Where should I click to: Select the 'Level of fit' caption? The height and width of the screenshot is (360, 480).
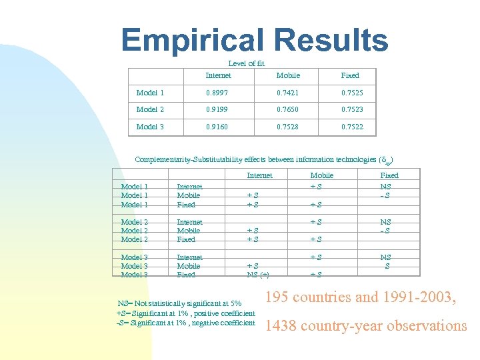(246, 63)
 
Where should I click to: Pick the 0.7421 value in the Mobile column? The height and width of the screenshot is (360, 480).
(288, 93)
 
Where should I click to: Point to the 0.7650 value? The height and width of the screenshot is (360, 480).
(288, 109)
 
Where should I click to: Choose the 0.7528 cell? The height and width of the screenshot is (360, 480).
(288, 127)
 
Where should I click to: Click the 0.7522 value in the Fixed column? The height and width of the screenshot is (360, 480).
(352, 127)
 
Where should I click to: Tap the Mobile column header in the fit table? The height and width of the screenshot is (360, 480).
(288, 75)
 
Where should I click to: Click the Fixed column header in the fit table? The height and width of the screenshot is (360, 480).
(350, 75)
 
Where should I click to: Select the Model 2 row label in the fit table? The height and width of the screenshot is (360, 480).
(151, 109)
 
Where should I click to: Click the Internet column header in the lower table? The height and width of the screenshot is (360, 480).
(259, 175)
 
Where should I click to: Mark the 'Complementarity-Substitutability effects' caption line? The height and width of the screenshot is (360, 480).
(259, 160)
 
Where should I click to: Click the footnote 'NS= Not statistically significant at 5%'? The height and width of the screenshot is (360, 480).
(179, 304)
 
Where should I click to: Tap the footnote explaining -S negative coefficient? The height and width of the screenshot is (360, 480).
(185, 323)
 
